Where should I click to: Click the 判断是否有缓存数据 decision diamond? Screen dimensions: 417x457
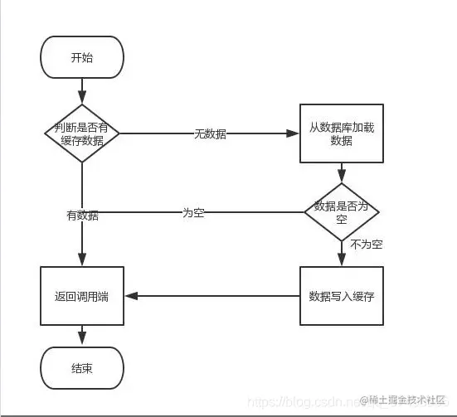click(81, 133)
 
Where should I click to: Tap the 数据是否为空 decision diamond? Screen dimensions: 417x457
click(341, 212)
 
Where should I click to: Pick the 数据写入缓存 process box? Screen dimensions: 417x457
click(341, 295)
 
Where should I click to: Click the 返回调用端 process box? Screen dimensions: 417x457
click(81, 295)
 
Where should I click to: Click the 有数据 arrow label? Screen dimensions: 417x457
click(82, 216)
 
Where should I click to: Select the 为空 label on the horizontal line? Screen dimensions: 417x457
click(193, 212)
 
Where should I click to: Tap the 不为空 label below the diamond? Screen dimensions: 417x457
click(365, 245)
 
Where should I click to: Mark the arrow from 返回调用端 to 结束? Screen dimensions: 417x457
click(81, 335)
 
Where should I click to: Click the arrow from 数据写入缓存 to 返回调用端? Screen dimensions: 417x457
click(211, 295)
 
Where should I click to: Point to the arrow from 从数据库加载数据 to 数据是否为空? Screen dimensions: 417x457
click(341, 172)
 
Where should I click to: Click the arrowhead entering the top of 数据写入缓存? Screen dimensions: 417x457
click(341, 262)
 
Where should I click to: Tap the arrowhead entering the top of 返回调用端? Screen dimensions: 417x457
click(81, 262)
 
